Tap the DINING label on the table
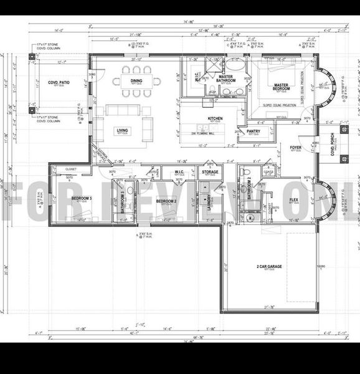pyautogui.click(x=136, y=80)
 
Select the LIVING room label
pyautogui.click(x=122, y=130)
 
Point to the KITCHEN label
pyautogui.click(x=215, y=118)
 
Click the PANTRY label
pyautogui.click(x=253, y=131)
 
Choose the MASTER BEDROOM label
pyautogui.click(x=281, y=87)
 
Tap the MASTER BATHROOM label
pyautogui.click(x=225, y=79)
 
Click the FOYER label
pyautogui.click(x=295, y=148)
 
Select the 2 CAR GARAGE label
pyautogui.click(x=269, y=266)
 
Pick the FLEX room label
pyautogui.click(x=294, y=200)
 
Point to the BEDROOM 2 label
pyautogui.click(x=166, y=201)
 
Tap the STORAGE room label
pyautogui.click(x=210, y=172)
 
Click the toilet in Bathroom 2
pyautogui.click(x=246, y=172)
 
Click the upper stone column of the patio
pyautogui.click(x=32, y=57)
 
